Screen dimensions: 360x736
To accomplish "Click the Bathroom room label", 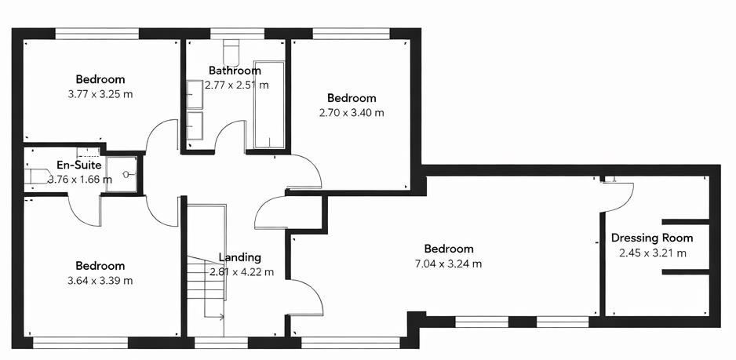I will coord(235,71).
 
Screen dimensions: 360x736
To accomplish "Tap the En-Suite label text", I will coord(79,165).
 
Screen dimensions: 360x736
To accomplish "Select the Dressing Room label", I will coord(651,238).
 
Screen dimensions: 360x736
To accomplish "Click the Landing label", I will coord(239,257).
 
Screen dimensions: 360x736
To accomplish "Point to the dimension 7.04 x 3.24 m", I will coord(448,264).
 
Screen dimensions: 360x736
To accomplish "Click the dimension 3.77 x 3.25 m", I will coord(100,94).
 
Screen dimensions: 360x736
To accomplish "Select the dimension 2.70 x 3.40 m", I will coord(351,113).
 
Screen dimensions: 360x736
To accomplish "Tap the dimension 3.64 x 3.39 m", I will coord(100,281).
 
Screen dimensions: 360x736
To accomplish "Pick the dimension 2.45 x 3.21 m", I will coord(652,253).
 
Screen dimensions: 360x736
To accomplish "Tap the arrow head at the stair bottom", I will coord(222,317).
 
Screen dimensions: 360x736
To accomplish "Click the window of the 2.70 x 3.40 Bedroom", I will coord(350,34).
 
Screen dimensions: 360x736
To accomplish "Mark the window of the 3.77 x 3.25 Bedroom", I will coord(97,34).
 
